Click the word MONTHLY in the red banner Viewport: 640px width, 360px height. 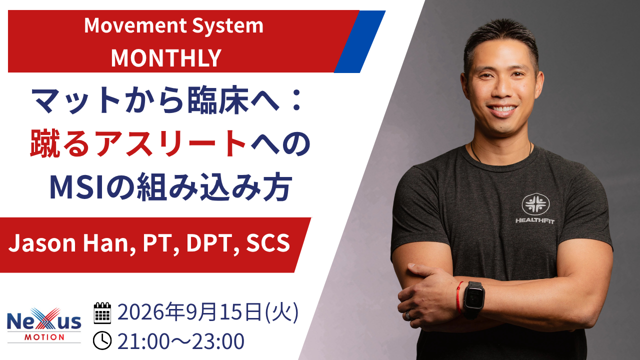click(166, 58)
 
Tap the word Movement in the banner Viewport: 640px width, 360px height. click(135, 25)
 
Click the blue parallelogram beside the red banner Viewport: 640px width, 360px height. click(360, 41)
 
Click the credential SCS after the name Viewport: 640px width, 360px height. click(268, 243)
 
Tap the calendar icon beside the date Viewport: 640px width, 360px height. click(102, 313)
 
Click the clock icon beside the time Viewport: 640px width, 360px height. click(102, 340)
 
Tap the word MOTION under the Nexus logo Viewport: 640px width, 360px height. click(44, 337)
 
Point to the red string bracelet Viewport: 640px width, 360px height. click(459, 297)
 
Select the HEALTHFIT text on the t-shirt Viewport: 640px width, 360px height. click(535, 220)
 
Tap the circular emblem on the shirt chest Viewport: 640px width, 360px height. click(535, 204)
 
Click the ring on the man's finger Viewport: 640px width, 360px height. click(408, 315)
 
